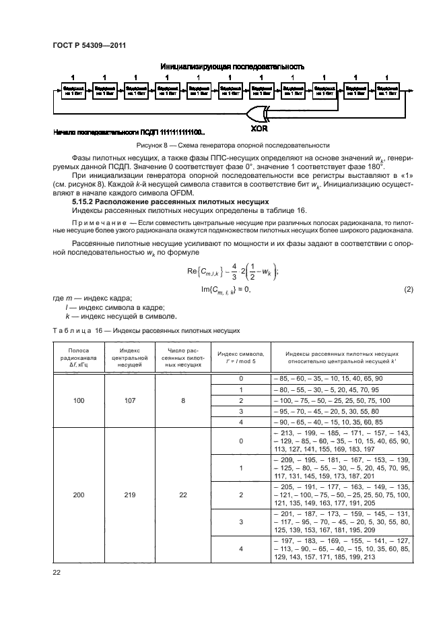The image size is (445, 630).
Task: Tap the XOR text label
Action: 260,125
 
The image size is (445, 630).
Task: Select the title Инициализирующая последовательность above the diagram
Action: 232,67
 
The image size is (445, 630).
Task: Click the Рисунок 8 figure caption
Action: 232,145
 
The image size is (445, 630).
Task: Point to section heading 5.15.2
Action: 170,202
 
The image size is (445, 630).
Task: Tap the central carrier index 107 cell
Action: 129,400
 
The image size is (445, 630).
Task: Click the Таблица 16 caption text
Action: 145,331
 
